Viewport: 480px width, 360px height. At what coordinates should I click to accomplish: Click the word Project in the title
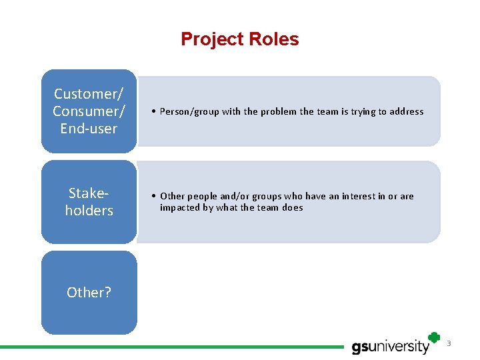pos(212,40)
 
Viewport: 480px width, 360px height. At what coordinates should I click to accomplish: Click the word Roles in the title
pos(273,40)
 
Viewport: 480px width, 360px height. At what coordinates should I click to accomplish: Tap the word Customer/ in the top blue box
pos(89,94)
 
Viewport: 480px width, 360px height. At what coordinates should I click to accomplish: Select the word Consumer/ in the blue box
pos(89,111)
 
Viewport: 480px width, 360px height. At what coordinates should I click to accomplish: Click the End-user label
pos(89,129)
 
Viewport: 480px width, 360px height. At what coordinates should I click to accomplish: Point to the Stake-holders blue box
pos(89,202)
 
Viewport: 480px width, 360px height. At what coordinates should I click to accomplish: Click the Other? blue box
pos(89,292)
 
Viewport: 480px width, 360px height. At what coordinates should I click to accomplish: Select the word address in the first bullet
pos(407,112)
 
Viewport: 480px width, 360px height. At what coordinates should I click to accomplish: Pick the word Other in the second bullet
pos(172,196)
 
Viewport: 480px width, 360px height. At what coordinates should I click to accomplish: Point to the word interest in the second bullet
pos(360,196)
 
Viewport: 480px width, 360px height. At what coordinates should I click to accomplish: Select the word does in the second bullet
pos(292,207)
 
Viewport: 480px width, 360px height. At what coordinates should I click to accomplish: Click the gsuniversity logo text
pos(391,347)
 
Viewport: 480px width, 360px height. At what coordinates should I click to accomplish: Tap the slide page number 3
pos(449,343)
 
